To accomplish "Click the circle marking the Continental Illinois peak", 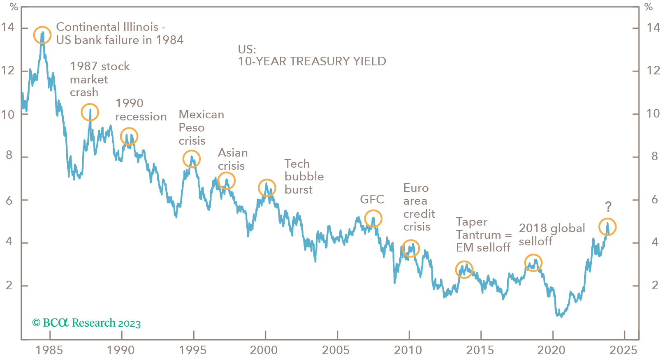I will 42,35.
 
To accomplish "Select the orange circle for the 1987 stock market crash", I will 90,112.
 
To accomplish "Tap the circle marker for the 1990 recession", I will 129,136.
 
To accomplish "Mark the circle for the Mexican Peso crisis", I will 192,159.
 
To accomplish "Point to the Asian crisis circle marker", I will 226,180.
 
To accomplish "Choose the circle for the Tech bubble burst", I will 267,188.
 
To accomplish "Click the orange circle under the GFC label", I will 373,218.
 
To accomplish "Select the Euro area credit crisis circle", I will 410,248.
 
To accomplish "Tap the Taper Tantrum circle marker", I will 464,270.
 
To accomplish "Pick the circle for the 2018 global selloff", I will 533,263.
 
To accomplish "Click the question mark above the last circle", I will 608,206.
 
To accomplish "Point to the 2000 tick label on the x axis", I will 264,350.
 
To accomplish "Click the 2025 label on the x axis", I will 623,350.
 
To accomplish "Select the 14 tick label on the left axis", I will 7,28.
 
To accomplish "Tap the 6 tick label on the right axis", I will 655,200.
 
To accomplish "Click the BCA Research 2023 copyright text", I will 86,323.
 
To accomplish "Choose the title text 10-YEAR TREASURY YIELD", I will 312,61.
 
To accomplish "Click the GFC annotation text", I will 372,199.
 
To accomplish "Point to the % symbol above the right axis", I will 649,7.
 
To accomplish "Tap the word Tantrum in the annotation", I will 478,235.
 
